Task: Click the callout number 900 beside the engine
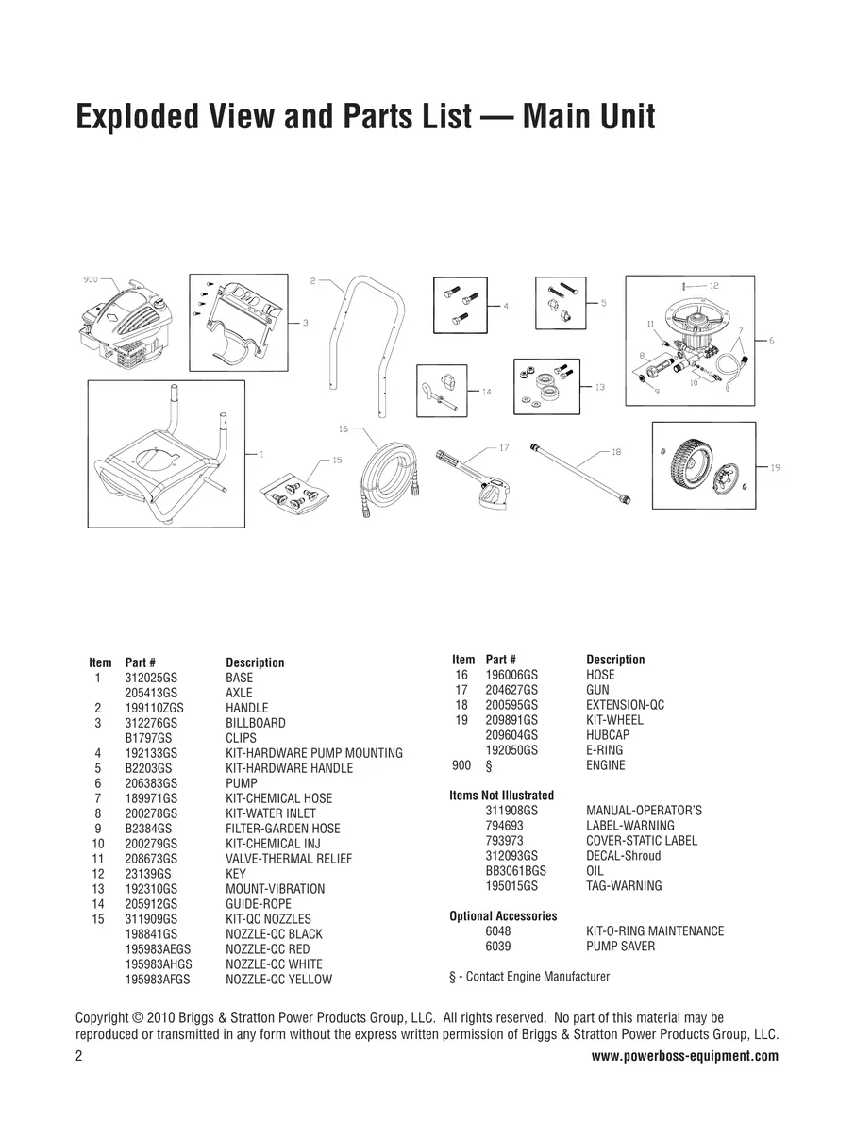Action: click(x=91, y=279)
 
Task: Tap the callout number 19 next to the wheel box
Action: click(x=775, y=467)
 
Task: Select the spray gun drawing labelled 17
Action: click(x=475, y=478)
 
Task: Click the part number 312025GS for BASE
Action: click(x=151, y=678)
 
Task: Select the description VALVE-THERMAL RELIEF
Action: click(x=289, y=859)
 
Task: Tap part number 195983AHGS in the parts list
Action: click(x=159, y=964)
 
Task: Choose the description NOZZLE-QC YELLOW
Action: click(x=278, y=979)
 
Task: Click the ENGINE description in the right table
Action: click(x=605, y=765)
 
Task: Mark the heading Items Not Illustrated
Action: click(x=501, y=796)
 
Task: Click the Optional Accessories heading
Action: click(x=503, y=915)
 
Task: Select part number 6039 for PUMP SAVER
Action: click(x=498, y=946)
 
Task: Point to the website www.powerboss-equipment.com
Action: click(x=685, y=1055)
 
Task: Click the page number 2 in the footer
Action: click(x=79, y=1056)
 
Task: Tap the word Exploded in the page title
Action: click(x=138, y=116)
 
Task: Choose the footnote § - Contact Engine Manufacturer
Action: click(x=529, y=977)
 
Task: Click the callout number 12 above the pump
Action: click(x=713, y=286)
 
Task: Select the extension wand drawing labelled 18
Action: click(x=580, y=473)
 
